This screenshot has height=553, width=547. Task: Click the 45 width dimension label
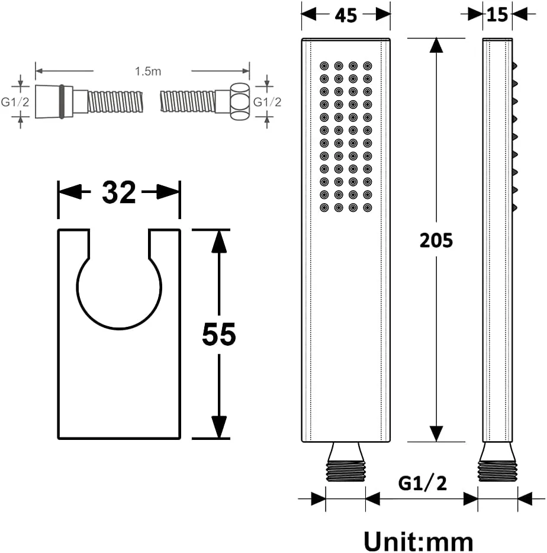pos(346,15)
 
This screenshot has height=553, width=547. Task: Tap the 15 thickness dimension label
pos(497,15)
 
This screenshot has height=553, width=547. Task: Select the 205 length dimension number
pos(436,241)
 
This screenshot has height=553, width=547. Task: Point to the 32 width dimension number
pos(119,192)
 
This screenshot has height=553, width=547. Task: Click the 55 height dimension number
pos(218,335)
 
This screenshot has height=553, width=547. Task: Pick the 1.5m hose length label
pos(148,71)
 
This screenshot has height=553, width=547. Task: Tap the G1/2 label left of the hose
pos(15,102)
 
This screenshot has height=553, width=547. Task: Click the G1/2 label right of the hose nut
pos(268,102)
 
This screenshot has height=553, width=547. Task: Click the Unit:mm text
pos(419,541)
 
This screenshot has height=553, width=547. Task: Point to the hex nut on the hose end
pos(240,101)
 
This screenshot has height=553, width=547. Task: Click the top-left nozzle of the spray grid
pos(324,66)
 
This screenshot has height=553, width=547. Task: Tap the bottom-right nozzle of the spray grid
pos(368,208)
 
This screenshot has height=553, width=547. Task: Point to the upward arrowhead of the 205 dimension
pos(436,45)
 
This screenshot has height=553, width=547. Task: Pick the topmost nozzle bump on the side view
pos(514,66)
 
